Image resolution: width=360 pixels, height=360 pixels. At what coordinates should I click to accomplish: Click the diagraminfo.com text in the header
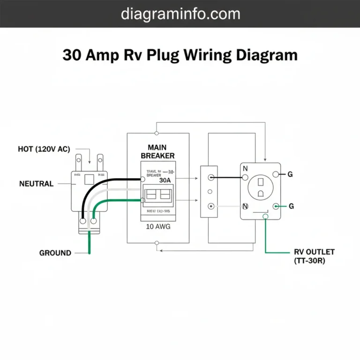pyautogui.click(x=180, y=14)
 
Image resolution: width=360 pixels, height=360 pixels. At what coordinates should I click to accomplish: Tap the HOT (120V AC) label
pyautogui.click(x=44, y=149)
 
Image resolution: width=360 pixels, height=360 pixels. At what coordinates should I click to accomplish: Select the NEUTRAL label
pyautogui.click(x=36, y=184)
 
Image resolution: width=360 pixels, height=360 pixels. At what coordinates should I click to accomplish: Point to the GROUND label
pyautogui.click(x=55, y=253)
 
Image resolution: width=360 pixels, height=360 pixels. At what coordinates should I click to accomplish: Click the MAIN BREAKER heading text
pyautogui.click(x=157, y=151)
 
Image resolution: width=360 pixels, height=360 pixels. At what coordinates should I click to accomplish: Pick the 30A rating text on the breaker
pyautogui.click(x=165, y=180)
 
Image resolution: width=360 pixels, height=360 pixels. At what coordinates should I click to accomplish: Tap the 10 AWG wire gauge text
pyautogui.click(x=157, y=227)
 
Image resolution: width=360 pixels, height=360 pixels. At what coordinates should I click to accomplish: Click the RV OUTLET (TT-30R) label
pyautogui.click(x=314, y=256)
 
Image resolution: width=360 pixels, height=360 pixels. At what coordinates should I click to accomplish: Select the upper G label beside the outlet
pyautogui.click(x=290, y=174)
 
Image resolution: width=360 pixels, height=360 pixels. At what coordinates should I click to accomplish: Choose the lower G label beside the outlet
pyautogui.click(x=291, y=206)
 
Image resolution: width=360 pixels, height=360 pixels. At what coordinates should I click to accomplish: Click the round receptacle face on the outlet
pyautogui.click(x=261, y=188)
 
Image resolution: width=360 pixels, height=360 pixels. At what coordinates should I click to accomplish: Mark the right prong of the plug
pyautogui.click(x=99, y=162)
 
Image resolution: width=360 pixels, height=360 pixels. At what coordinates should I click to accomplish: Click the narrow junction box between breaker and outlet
pyautogui.click(x=209, y=191)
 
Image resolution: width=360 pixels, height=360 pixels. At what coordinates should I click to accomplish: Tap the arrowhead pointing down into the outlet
pyautogui.click(x=265, y=160)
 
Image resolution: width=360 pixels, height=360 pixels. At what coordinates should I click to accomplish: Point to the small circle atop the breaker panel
pyautogui.click(x=157, y=125)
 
